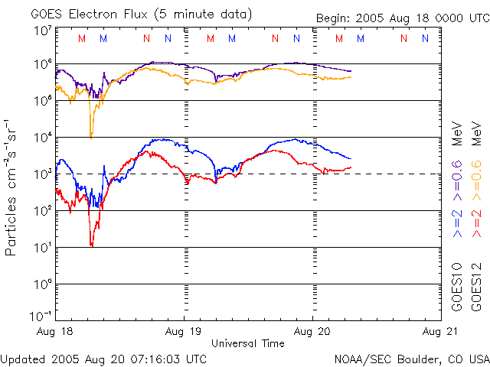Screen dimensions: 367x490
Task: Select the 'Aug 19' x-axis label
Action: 185,333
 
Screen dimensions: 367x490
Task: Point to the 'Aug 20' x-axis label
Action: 312,333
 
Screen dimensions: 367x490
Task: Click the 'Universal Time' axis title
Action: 248,343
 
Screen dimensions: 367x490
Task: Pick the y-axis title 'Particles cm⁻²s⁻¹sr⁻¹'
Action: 11,187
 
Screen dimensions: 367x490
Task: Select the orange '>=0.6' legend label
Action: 476,167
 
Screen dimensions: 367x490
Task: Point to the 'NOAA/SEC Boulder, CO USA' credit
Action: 411,359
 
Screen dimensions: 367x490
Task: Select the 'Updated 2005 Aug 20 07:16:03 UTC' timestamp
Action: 103,359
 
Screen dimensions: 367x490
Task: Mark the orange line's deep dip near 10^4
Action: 91,136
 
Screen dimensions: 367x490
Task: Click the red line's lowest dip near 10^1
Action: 91,245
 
